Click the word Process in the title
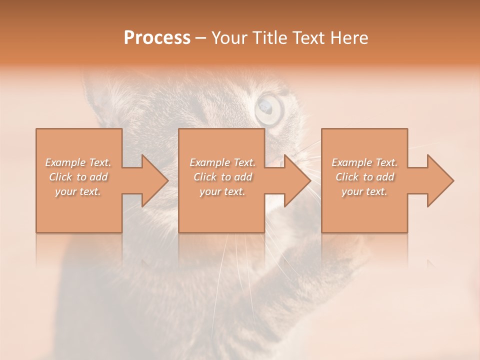[157, 37]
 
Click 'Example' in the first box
[65, 162]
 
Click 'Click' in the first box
[60, 177]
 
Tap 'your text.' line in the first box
[78, 191]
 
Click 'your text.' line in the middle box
[222, 191]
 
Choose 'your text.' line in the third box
[364, 191]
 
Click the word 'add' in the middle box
[243, 177]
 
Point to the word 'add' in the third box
[385, 177]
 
